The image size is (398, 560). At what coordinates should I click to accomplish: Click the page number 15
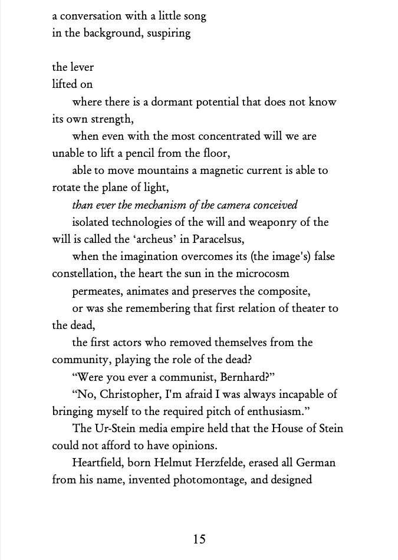(199, 539)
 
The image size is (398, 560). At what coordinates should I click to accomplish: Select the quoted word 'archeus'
(161, 239)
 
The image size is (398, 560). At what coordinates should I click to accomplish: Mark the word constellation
(86, 274)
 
